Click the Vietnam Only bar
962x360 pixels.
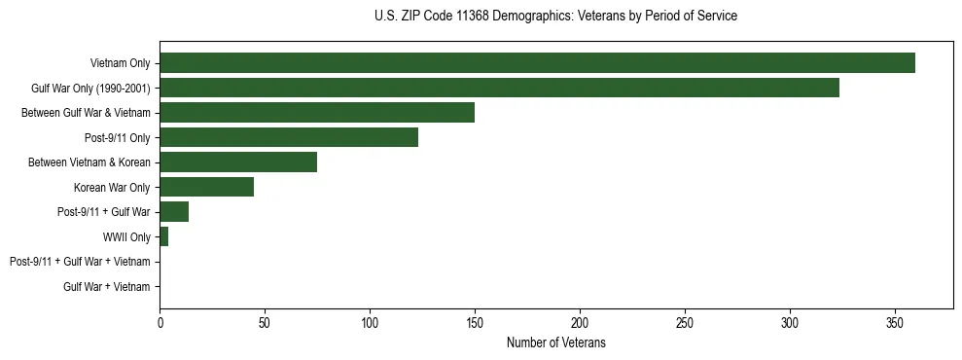[x=537, y=63]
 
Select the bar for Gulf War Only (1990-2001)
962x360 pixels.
[x=499, y=88]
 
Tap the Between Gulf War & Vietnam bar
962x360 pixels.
[x=317, y=113]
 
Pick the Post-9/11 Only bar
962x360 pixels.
[x=289, y=137]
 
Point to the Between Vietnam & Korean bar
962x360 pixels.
[x=238, y=162]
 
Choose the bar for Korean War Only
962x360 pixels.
[x=206, y=187]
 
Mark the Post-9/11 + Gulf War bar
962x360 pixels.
[x=174, y=212]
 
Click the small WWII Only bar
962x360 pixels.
[x=163, y=236]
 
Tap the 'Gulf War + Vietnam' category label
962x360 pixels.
[x=107, y=287]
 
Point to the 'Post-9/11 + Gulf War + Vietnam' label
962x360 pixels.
[x=80, y=262]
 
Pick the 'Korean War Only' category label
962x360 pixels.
[x=112, y=187]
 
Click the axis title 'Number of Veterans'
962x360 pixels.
[x=555, y=342]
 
